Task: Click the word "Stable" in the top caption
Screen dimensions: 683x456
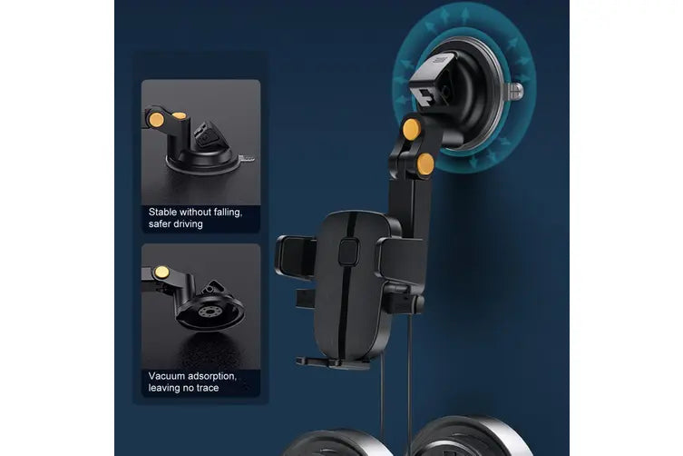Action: pos(162,213)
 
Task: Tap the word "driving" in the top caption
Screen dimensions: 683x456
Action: pos(189,224)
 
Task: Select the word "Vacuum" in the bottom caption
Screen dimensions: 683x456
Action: pos(166,376)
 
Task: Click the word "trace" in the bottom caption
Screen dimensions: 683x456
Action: pos(207,388)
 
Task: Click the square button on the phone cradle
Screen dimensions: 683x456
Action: pos(348,252)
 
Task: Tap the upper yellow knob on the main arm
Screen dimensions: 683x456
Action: pos(412,128)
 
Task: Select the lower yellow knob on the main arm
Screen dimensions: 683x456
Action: pos(425,164)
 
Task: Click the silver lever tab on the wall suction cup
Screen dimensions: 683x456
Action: pos(515,91)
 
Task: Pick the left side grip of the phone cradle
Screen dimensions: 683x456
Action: pos(295,256)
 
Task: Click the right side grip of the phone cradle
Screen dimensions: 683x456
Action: pos(402,261)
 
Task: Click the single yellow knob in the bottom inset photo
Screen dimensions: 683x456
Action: pos(161,273)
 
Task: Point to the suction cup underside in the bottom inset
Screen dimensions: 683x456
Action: pos(210,312)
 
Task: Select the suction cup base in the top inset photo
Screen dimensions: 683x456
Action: pos(202,162)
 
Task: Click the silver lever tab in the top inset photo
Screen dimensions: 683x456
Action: pos(247,158)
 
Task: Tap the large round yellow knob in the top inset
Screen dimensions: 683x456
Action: pos(156,120)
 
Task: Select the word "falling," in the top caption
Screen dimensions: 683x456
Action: pos(224,213)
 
